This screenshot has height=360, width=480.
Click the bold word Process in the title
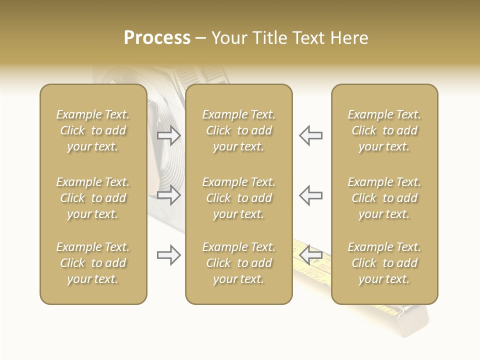tap(157, 38)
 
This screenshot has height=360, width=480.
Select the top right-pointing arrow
tap(169, 135)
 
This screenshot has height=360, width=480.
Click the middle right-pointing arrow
tap(169, 195)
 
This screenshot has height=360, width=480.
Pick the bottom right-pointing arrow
tap(169, 255)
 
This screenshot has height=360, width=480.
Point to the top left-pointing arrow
tap(310, 135)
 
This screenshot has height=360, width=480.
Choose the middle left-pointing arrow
tap(310, 195)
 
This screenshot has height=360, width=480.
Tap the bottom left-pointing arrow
tap(310, 255)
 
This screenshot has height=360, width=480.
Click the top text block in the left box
tap(93, 130)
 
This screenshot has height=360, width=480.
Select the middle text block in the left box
tap(93, 198)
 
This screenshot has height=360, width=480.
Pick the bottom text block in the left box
tap(93, 263)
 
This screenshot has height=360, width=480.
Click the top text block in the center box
tap(239, 130)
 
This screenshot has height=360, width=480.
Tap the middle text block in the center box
tap(239, 198)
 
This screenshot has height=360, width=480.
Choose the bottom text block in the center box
tap(239, 263)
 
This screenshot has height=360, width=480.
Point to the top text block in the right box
tap(384, 130)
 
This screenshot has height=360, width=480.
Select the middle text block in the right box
tap(384, 198)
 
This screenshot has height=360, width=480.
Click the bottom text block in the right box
tap(384, 263)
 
